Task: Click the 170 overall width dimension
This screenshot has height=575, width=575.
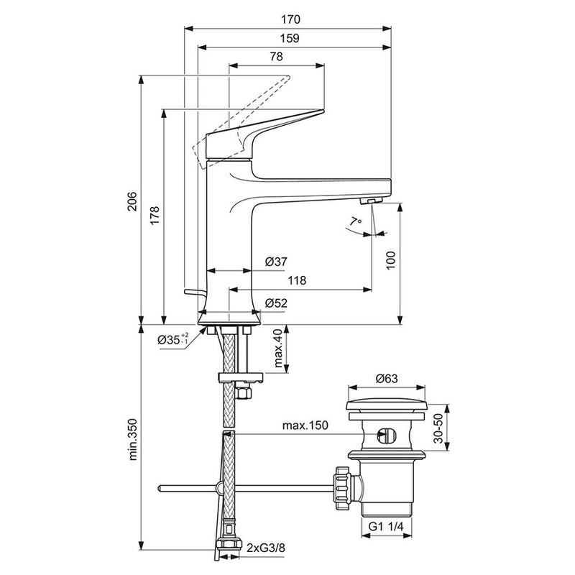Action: (x=290, y=19)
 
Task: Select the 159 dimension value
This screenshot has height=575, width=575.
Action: (x=290, y=39)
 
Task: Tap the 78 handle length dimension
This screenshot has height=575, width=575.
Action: (x=276, y=58)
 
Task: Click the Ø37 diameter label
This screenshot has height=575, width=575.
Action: (x=277, y=262)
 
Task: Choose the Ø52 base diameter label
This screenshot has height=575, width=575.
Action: (x=277, y=303)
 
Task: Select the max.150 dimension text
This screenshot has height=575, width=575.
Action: (x=305, y=426)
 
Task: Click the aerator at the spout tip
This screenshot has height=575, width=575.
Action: (x=370, y=201)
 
